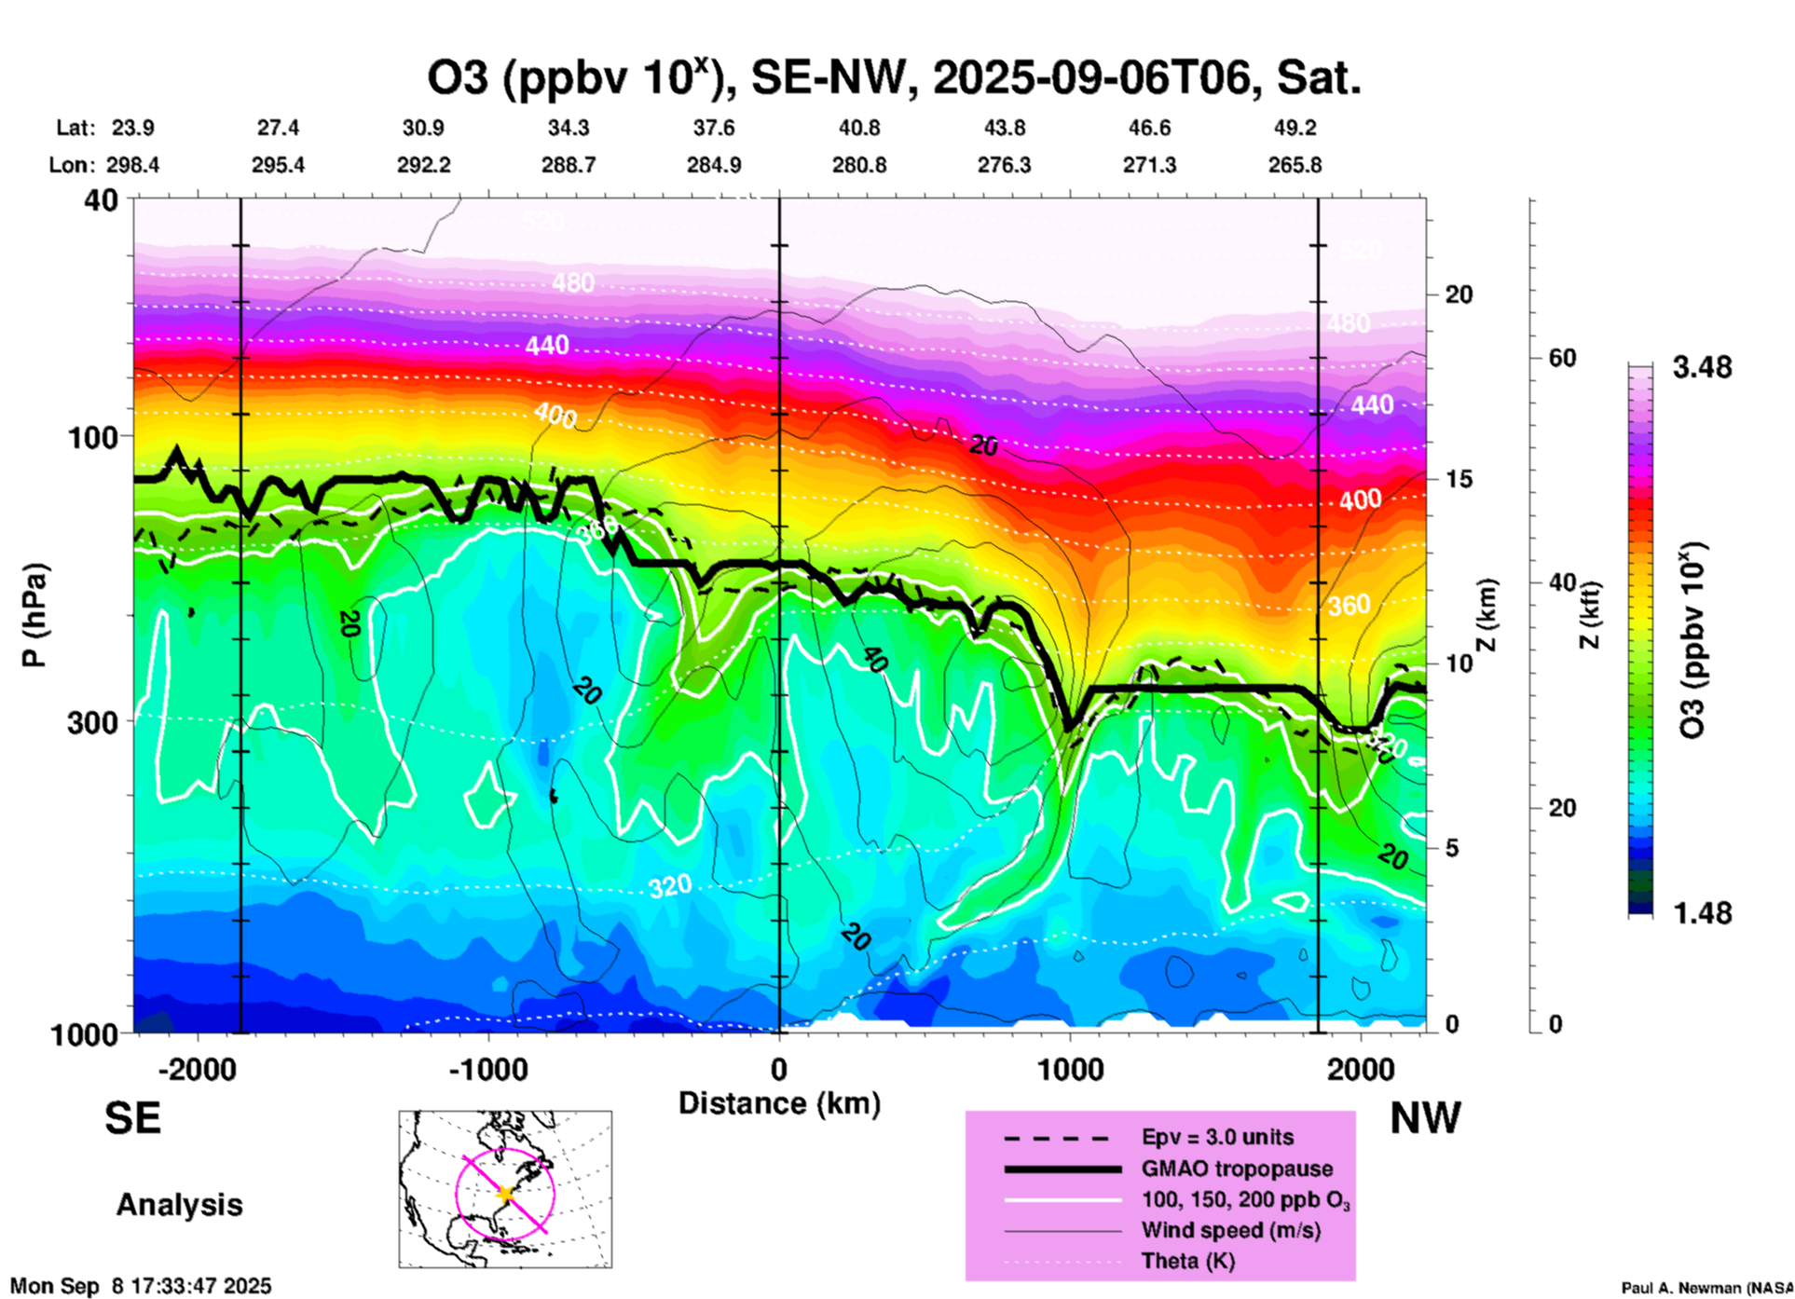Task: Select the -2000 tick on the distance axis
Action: pos(197,1069)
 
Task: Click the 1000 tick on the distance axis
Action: pos(1070,1069)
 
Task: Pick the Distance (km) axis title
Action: pos(779,1103)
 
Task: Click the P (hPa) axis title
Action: pos(34,614)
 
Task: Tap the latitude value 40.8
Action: pos(858,128)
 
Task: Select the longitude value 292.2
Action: pos(424,165)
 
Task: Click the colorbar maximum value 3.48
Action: pos(1702,367)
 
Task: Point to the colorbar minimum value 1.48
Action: pos(1702,913)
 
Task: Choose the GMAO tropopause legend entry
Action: pos(1237,1169)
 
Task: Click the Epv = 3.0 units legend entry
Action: pos(1217,1137)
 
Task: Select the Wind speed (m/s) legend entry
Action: pos(1230,1230)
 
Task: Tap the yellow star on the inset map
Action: pos(505,1193)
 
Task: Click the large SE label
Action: pos(132,1118)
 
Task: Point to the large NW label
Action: pos(1424,1118)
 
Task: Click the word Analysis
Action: pos(179,1205)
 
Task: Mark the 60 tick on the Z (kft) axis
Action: pos(1561,358)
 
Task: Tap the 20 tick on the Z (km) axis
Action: pos(1459,294)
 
